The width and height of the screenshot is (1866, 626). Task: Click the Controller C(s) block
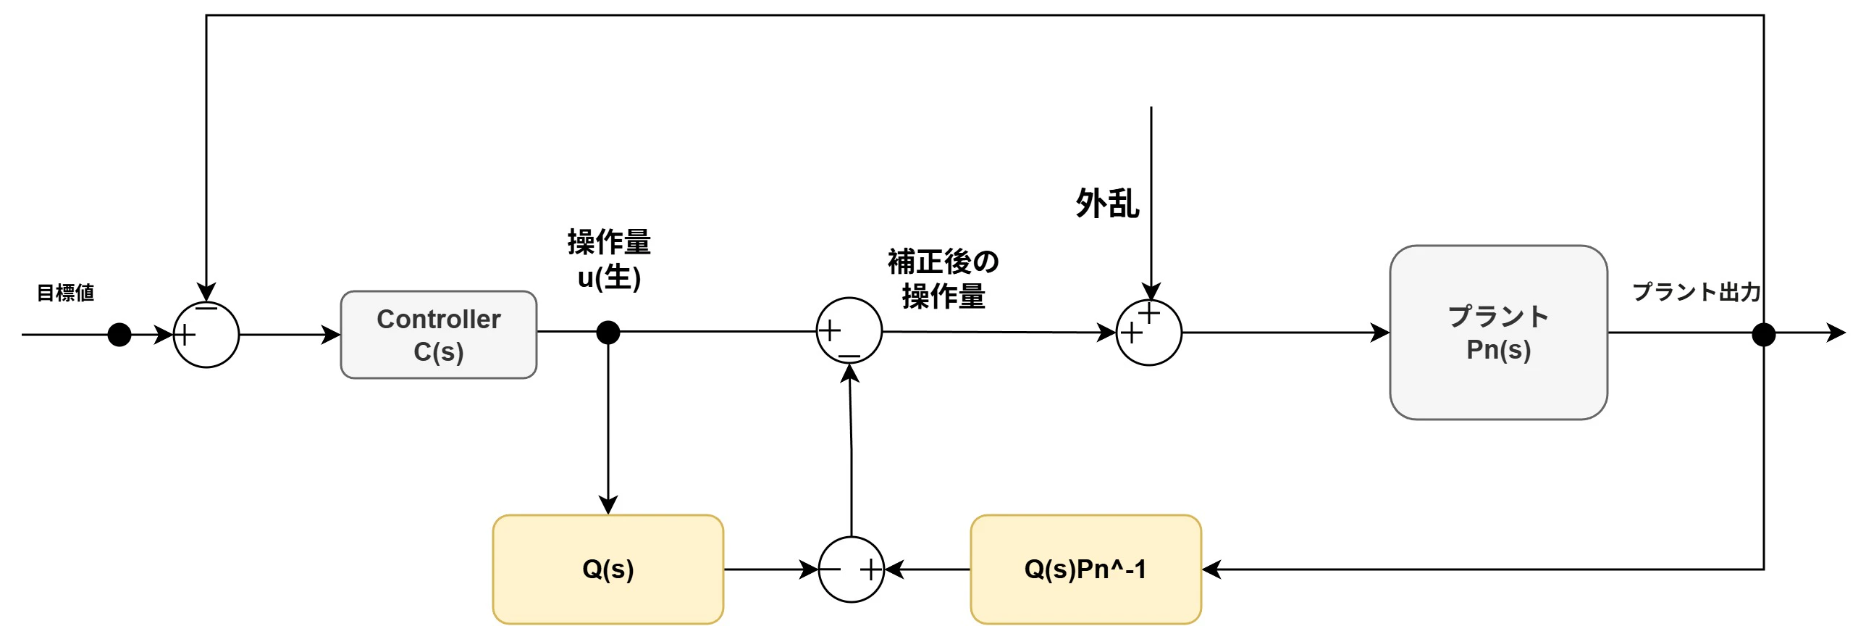(438, 335)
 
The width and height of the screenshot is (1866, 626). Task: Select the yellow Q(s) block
(608, 569)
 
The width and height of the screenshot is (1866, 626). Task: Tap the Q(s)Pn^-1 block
(1085, 569)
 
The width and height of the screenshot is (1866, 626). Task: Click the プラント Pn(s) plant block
(1498, 333)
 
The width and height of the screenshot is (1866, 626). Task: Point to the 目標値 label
(65, 293)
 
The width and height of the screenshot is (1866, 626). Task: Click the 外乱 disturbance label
(1106, 204)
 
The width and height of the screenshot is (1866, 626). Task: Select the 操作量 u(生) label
(608, 259)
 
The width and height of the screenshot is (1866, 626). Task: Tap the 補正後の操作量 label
(943, 279)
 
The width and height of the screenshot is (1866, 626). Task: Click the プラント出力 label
(1696, 292)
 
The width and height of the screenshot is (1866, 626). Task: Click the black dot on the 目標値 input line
(119, 335)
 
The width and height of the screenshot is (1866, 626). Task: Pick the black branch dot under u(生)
(608, 333)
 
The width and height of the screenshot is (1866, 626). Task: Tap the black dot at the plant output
(1763, 335)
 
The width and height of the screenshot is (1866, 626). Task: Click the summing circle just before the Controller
(206, 335)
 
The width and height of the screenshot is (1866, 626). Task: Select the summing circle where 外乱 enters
(1149, 333)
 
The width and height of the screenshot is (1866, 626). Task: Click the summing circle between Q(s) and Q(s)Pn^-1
(851, 569)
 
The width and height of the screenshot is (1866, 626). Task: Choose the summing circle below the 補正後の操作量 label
(849, 330)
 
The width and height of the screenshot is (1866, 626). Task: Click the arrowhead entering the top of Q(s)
(608, 506)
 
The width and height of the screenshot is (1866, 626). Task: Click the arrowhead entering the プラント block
(1381, 333)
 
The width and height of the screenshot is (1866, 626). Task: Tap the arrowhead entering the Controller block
(332, 335)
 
